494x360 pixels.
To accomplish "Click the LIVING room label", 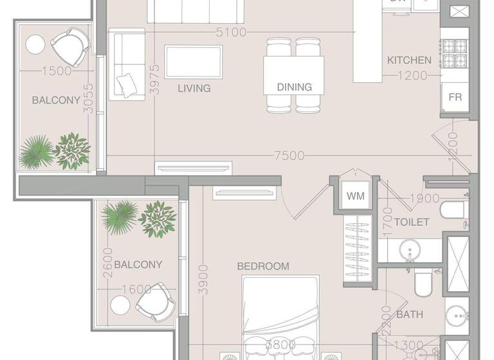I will (x=194, y=88).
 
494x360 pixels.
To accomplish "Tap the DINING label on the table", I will (x=294, y=87).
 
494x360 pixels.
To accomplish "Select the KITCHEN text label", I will (x=409, y=60).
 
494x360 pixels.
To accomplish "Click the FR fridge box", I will (x=455, y=98).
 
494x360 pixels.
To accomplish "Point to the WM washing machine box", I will (x=354, y=196).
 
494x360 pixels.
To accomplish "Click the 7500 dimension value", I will (x=289, y=156).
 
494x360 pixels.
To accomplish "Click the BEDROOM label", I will (x=263, y=266).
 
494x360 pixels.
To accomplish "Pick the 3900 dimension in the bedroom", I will (x=203, y=279).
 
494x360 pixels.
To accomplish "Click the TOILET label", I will (x=412, y=222).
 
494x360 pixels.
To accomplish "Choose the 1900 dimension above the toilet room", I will (x=424, y=199).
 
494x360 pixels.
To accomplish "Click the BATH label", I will (x=409, y=315).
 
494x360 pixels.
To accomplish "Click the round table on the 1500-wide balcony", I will (x=35, y=44).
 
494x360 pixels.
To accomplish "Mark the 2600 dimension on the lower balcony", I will (x=107, y=264).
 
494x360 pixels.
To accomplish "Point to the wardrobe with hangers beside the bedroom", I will (x=359, y=247).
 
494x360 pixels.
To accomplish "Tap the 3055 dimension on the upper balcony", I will (x=89, y=98).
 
